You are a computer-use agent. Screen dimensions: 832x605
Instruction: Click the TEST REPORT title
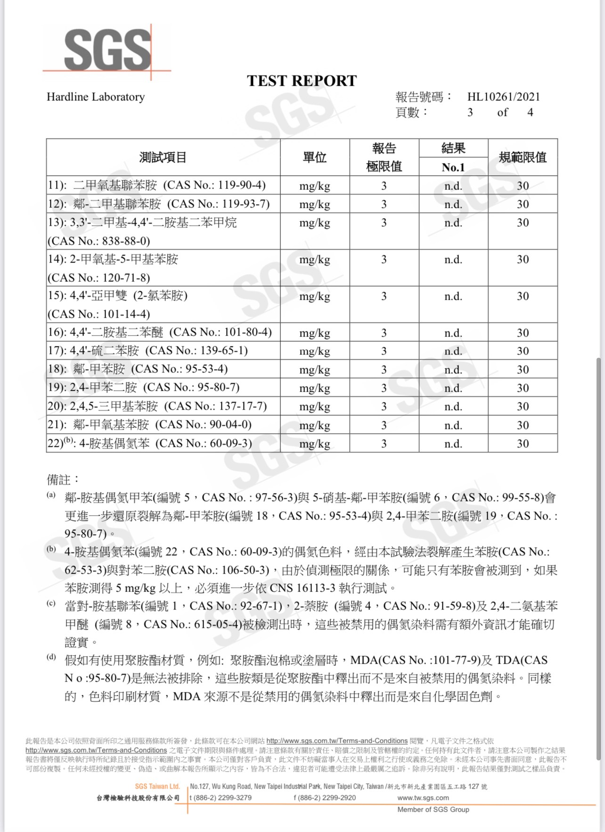302,81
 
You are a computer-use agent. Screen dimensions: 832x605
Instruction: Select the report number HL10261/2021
503,97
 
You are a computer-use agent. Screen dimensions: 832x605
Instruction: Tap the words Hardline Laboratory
96,97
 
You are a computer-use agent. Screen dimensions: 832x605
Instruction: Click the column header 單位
314,157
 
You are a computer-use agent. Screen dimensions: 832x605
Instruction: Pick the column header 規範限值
523,157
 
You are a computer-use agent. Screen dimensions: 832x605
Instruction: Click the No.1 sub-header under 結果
453,167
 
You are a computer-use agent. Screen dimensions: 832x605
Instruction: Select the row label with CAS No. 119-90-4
157,185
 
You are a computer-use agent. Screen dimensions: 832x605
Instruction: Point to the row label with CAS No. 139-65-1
147,351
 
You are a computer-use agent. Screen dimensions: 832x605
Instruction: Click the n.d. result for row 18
453,370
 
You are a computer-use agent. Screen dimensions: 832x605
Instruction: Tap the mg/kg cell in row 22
314,444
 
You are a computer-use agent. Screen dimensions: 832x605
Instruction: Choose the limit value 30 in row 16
523,333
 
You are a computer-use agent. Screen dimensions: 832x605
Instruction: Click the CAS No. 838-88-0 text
98,241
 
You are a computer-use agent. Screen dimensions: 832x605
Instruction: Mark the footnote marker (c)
50,603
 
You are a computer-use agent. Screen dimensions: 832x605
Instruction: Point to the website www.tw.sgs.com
423,798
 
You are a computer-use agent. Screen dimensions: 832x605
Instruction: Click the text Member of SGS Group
433,810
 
